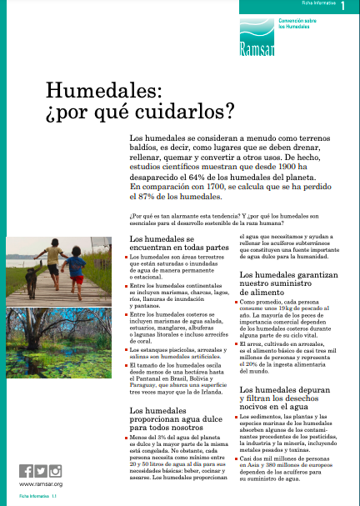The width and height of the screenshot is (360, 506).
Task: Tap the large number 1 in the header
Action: pos(343,7)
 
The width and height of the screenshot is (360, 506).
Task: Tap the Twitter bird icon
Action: pos(40,470)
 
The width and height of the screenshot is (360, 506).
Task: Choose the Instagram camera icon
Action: pos(55,470)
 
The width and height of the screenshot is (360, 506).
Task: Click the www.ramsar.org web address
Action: pos(39,484)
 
